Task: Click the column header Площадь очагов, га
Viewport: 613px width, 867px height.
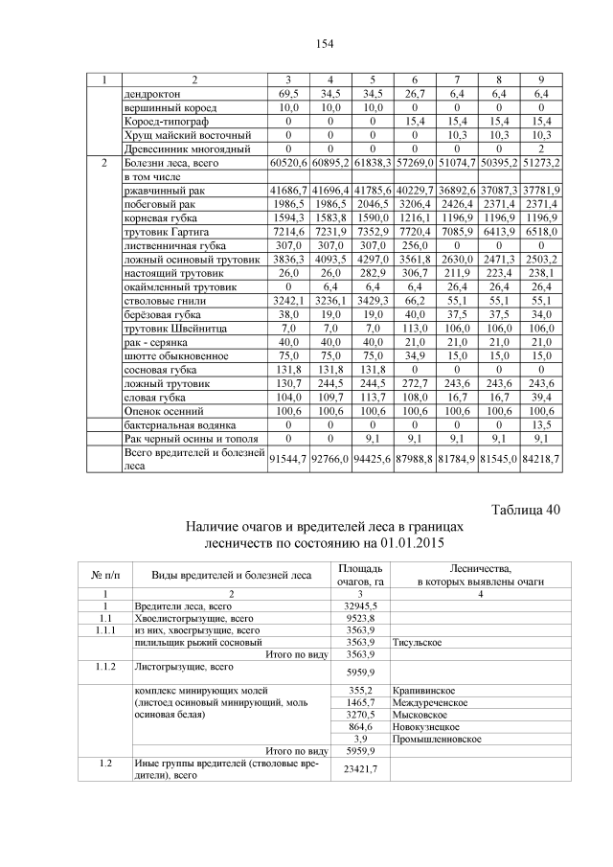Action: (x=359, y=574)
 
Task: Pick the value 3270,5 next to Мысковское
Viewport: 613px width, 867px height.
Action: (x=359, y=715)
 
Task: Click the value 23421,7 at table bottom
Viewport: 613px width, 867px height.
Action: (x=359, y=769)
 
